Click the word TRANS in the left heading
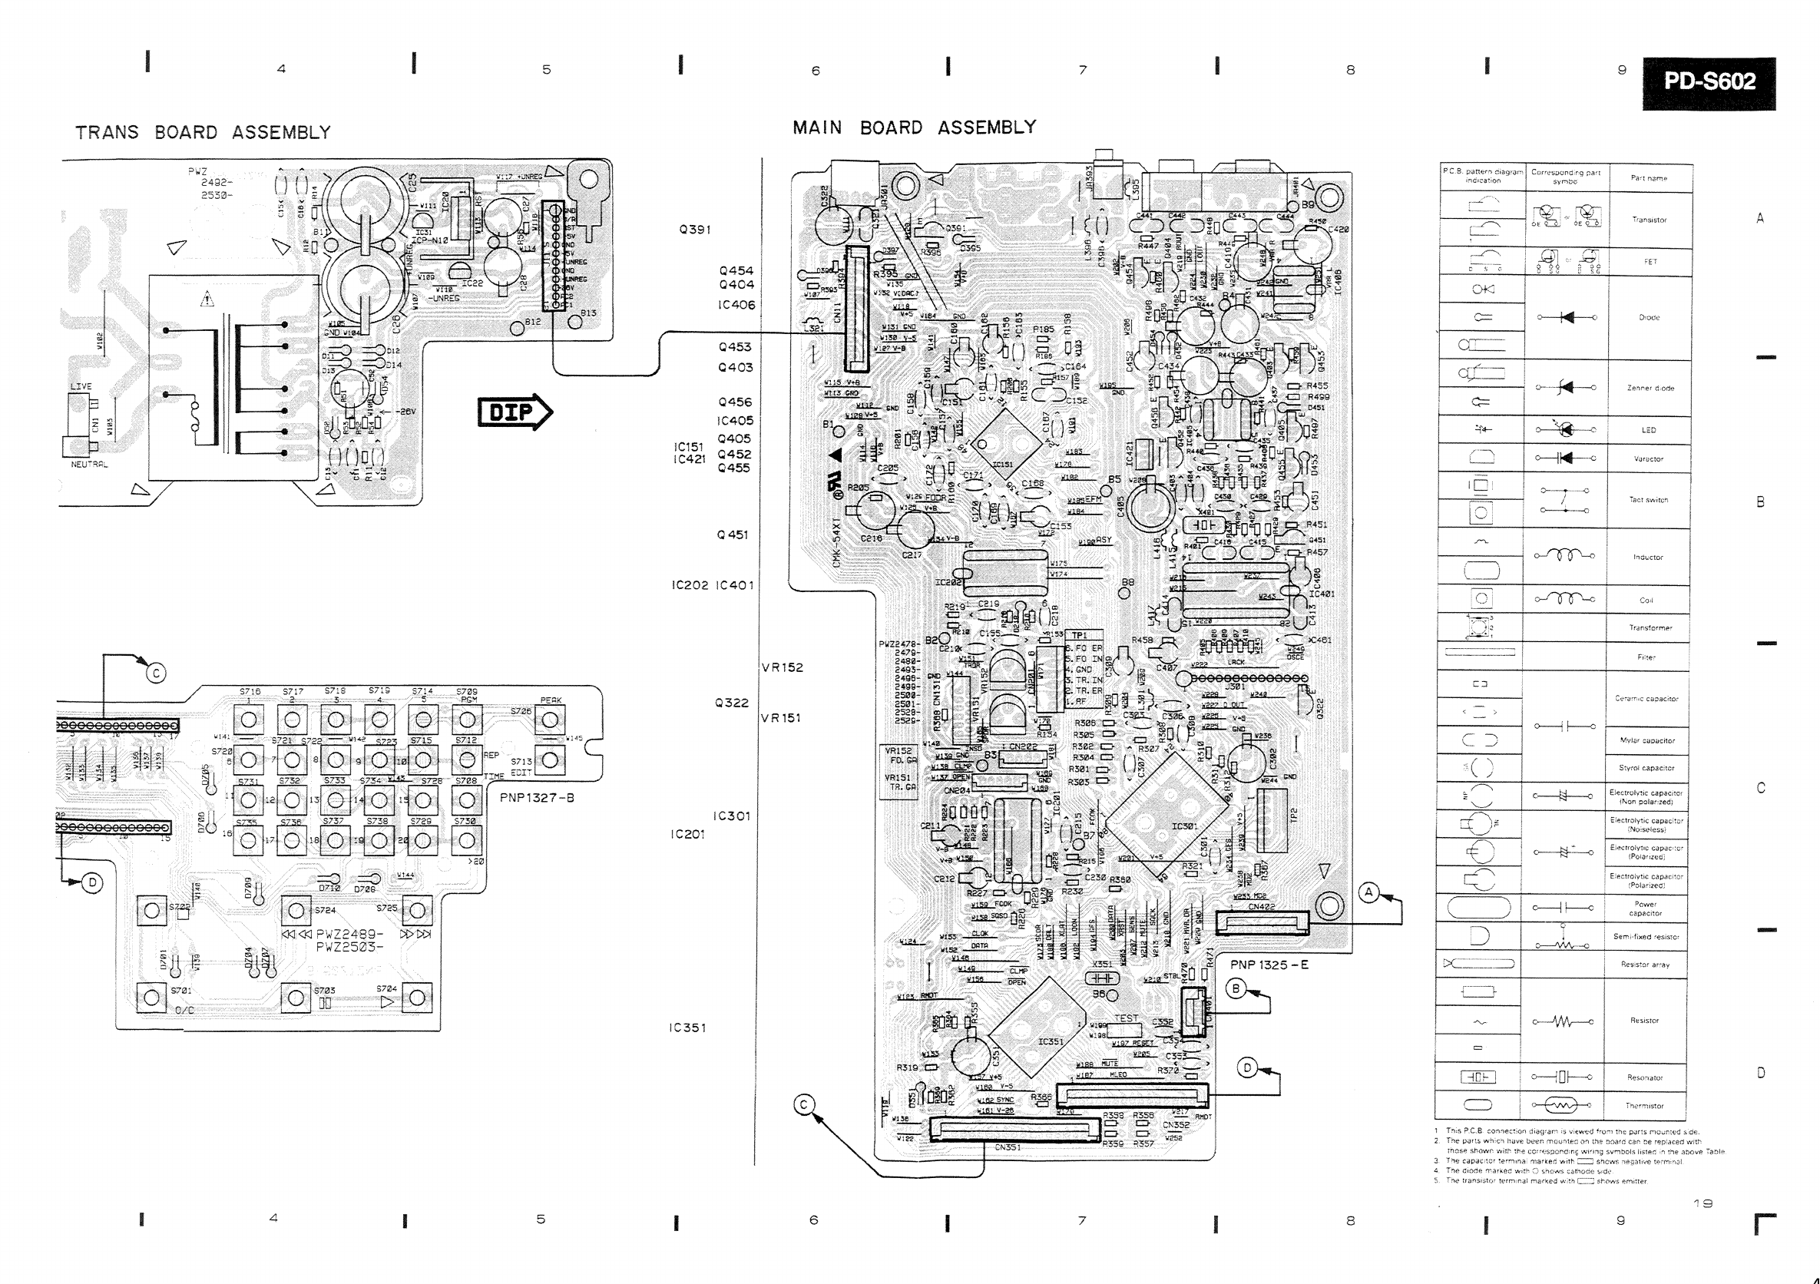tap(107, 132)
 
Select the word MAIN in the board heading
tap(817, 127)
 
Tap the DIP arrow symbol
tap(515, 412)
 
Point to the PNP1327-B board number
tap(537, 797)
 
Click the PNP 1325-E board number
tap(1269, 965)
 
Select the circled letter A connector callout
tap(1369, 892)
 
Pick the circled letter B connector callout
tap(1236, 988)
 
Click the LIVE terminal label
tap(81, 387)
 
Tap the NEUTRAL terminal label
tap(89, 465)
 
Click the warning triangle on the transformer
tap(207, 299)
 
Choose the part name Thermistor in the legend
tap(1644, 1106)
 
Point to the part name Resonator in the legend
tap(1645, 1077)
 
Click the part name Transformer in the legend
tap(1650, 627)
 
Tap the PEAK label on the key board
tap(551, 700)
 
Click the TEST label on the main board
tap(1126, 1018)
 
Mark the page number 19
tap(1702, 1203)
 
